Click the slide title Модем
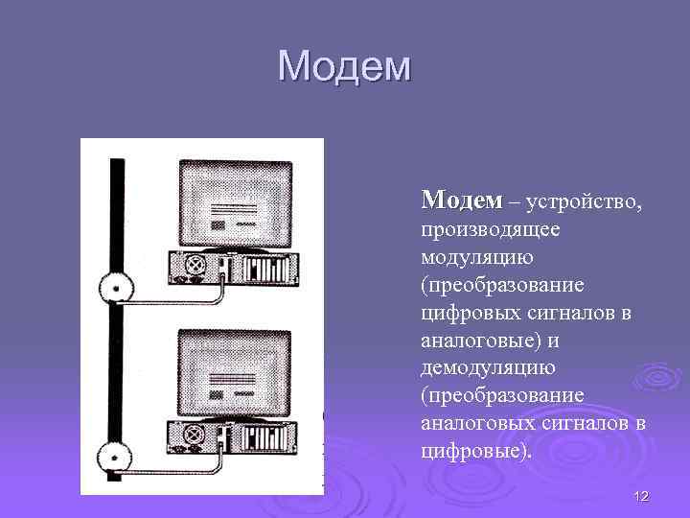pyautogui.click(x=344, y=67)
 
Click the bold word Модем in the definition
pyautogui.click(x=461, y=200)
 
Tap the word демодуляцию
pyautogui.click(x=488, y=368)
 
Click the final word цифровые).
pyautogui.click(x=475, y=451)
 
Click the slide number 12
pyautogui.click(x=641, y=495)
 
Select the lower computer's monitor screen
pyautogui.click(x=234, y=369)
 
